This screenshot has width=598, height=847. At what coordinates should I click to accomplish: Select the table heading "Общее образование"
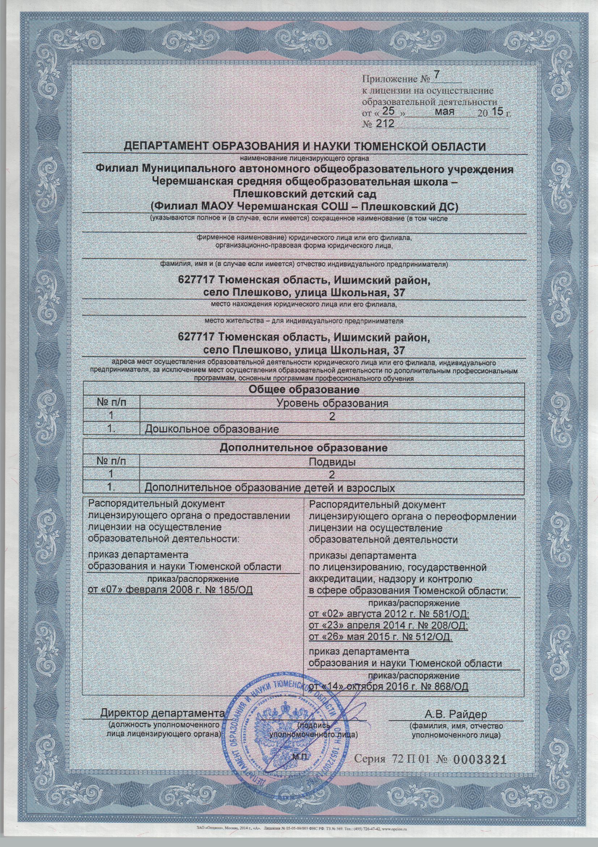304,389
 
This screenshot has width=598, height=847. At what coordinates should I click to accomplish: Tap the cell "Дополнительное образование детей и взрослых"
270,488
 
